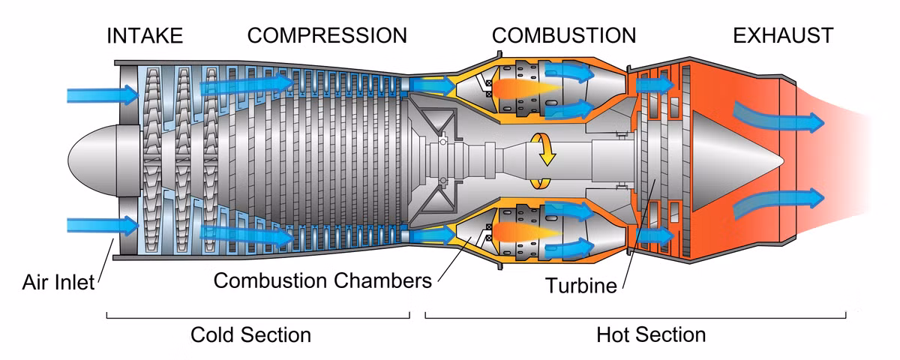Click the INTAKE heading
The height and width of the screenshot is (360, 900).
click(x=144, y=35)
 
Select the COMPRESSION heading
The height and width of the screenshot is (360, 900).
click(x=327, y=35)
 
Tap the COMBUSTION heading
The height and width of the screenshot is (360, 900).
click(x=563, y=35)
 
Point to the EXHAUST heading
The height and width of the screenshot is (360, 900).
click(x=783, y=35)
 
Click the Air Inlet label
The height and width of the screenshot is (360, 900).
click(x=58, y=282)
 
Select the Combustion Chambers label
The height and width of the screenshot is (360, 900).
click(x=322, y=280)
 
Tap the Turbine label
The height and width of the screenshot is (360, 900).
click(x=580, y=285)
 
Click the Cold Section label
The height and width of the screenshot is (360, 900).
click(x=250, y=334)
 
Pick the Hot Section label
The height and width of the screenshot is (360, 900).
click(x=651, y=334)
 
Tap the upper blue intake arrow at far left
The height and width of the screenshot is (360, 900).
click(x=101, y=94)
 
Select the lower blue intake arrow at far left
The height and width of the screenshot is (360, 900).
click(x=101, y=225)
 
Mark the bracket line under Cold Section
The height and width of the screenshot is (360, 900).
click(x=258, y=316)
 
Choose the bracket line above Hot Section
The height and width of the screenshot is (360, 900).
click(x=636, y=316)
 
